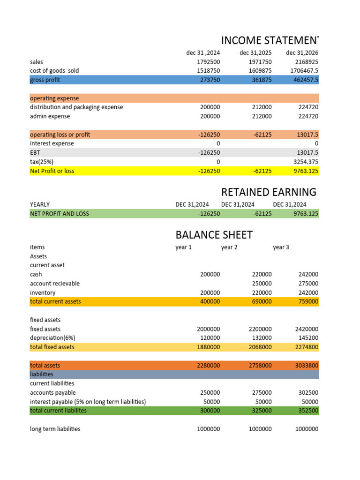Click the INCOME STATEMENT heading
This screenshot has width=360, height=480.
point(270,40)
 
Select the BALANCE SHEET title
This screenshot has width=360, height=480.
point(214,234)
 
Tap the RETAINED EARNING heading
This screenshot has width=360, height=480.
point(269,192)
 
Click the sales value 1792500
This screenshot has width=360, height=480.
point(208,62)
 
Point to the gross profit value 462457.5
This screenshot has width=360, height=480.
point(304,80)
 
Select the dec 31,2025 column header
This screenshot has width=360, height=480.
point(255,52)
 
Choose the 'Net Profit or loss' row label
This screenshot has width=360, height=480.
point(52,171)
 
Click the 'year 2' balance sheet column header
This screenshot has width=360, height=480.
point(229,247)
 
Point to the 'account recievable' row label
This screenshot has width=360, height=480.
point(54,283)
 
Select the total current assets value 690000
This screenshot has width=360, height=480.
point(260,301)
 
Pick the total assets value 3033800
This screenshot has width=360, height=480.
point(306,365)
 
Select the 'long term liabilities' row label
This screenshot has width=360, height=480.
point(55,429)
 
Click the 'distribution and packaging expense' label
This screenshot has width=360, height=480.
point(76,107)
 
